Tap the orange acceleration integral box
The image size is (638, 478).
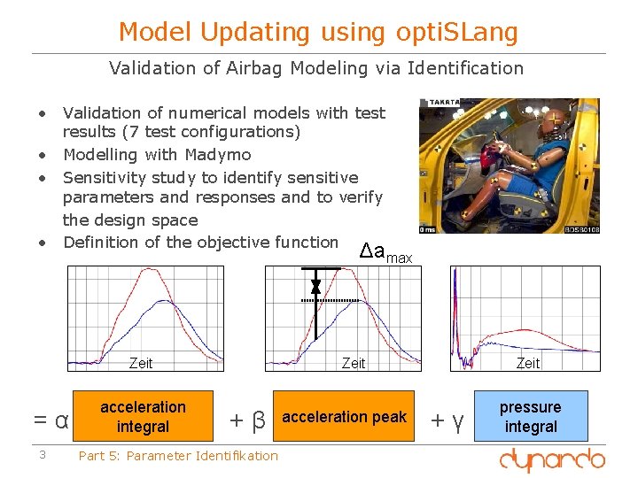[x=143, y=416]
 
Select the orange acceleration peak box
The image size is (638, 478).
[x=344, y=416]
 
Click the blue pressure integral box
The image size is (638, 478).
[x=530, y=416]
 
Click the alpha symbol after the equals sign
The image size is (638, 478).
[x=61, y=419]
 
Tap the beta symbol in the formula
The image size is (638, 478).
[x=258, y=419]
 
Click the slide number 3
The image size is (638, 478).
[x=41, y=455]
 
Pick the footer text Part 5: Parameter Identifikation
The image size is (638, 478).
[x=178, y=456]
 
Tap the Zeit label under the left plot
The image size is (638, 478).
[x=141, y=363]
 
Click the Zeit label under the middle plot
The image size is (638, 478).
[x=354, y=363]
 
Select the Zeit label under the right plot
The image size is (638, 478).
[x=527, y=363]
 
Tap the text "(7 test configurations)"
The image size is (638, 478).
[x=181, y=132]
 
